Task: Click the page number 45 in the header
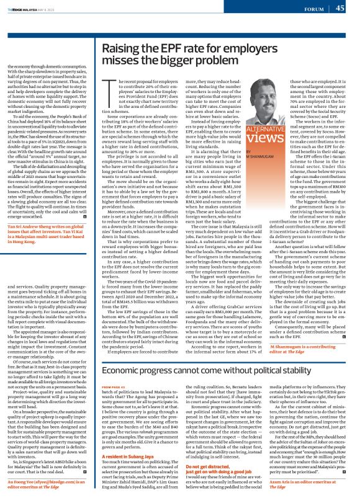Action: pos(340,8)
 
